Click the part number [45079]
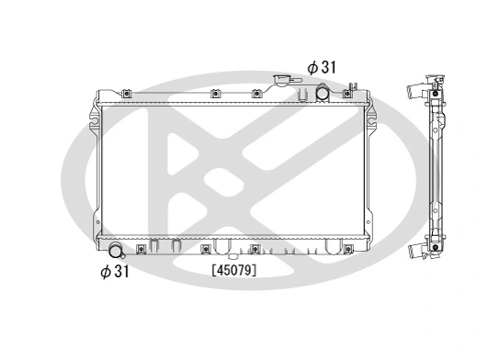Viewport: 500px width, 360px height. click(234, 270)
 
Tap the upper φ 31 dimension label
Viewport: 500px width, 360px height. click(323, 67)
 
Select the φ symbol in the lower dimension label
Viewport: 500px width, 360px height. click(106, 271)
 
